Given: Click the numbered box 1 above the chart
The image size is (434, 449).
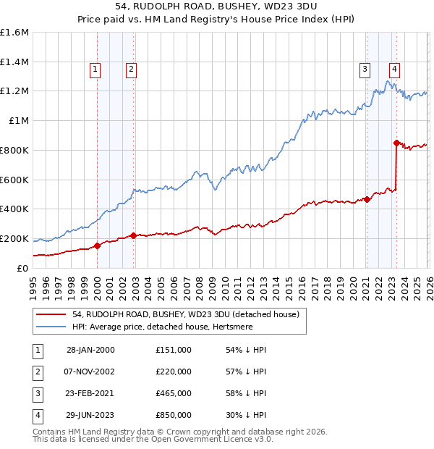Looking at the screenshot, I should click(x=95, y=70).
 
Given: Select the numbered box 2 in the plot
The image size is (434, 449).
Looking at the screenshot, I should click(x=131, y=70).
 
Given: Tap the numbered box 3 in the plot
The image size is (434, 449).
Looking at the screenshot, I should click(x=365, y=70).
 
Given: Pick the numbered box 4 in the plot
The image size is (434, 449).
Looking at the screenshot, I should click(x=394, y=70).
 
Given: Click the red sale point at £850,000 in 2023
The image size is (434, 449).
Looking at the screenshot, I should click(x=396, y=143).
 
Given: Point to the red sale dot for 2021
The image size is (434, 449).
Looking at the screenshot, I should click(x=367, y=199).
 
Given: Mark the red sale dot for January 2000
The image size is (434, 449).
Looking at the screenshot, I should click(x=98, y=246).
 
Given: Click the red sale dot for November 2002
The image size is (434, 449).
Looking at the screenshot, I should click(x=133, y=235).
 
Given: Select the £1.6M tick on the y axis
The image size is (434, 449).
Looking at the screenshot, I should click(x=14, y=33).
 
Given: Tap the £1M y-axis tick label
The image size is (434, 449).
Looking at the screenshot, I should click(x=18, y=121).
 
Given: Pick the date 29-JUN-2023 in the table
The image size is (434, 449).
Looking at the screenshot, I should click(x=90, y=415).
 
